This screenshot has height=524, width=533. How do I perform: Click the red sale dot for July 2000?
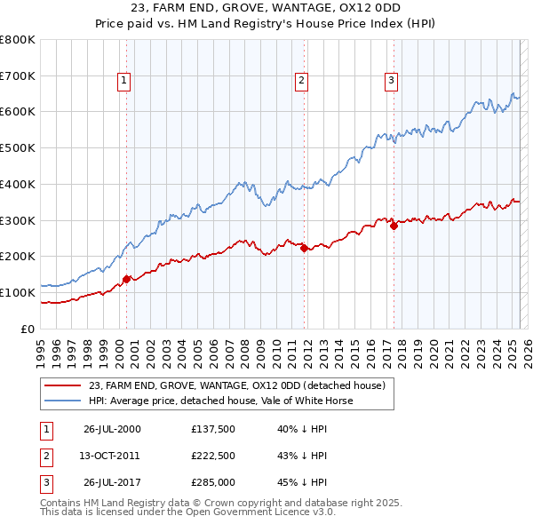(x=126, y=279)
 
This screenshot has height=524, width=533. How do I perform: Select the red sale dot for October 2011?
(x=304, y=248)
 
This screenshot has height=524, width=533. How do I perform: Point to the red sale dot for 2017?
(x=394, y=226)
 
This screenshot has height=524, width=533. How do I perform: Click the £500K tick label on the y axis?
(x=17, y=148)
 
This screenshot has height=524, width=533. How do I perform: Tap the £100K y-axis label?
(x=17, y=292)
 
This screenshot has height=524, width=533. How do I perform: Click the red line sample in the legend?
(x=61, y=385)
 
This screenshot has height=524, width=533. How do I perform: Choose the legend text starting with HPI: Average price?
(x=220, y=401)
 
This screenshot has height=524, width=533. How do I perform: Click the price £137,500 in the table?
(x=212, y=429)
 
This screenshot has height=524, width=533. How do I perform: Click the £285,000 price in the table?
(x=212, y=483)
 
